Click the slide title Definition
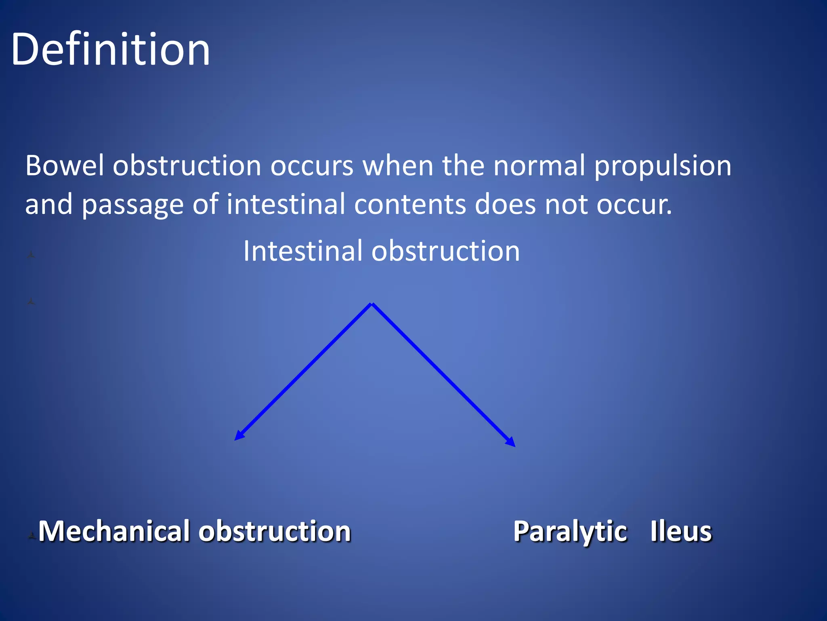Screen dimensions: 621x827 [x=110, y=49]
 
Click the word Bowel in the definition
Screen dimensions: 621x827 [x=65, y=166]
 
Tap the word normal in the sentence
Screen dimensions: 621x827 [x=539, y=166]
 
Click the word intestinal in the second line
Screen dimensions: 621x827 [x=285, y=204]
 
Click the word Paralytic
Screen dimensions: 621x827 [x=570, y=532]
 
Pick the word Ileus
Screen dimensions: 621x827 [x=681, y=532]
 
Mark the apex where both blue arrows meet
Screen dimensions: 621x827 [x=372, y=304]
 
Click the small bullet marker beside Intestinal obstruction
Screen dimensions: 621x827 [x=31, y=255]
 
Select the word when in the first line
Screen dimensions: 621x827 [x=398, y=166]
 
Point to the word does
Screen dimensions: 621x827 [x=505, y=205]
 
